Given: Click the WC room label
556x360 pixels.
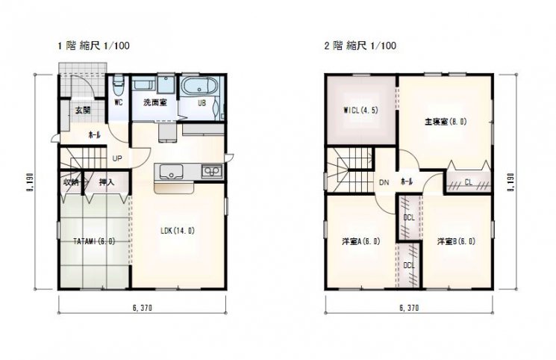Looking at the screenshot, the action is [119, 102].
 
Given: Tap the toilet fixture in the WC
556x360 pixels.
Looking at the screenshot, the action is [118, 85].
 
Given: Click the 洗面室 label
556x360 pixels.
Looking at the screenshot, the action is [155, 102].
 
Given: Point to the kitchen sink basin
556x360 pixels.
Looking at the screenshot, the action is [171, 172].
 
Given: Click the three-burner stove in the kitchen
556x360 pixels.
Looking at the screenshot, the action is [212, 172].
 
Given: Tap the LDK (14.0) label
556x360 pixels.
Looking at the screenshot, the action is [178, 231].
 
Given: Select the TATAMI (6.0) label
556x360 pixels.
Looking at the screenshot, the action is [94, 241].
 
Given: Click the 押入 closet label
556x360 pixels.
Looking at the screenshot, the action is [107, 182].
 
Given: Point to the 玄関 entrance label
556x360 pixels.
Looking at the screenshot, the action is [83, 110].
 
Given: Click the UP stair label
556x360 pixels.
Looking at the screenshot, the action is [117, 158].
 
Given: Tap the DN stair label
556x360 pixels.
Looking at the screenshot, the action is [384, 183].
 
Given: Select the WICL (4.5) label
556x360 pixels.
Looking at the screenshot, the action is [360, 110].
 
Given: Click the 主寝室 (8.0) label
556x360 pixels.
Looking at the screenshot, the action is [446, 122].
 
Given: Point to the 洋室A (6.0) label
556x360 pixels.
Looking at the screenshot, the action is [361, 241].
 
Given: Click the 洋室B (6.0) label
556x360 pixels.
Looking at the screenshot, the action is [456, 241].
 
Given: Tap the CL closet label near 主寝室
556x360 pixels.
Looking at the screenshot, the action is [469, 182].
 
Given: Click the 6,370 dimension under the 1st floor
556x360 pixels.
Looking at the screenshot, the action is [143, 308].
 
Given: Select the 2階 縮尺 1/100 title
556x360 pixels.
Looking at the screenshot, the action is [360, 46].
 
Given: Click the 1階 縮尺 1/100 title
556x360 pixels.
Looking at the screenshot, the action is [93, 46].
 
